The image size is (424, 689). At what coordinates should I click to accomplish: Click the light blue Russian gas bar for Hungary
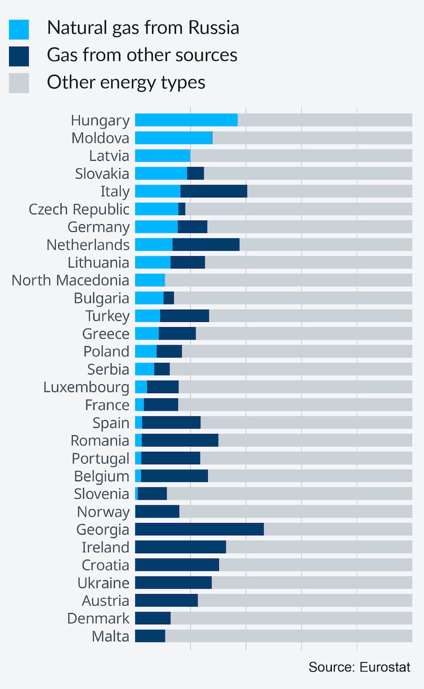point(186,120)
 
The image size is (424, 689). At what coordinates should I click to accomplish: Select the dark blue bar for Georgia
point(199,529)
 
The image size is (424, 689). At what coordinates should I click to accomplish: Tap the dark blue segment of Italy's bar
point(214,191)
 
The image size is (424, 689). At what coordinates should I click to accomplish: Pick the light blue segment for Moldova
point(173,138)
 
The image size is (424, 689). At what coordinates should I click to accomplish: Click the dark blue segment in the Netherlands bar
point(206,245)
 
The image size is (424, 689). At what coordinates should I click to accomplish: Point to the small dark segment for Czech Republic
point(182,209)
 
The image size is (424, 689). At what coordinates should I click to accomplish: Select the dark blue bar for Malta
point(150,636)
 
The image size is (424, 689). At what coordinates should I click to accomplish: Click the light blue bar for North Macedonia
point(150,280)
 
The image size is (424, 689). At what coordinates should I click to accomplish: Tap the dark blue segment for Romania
point(180,440)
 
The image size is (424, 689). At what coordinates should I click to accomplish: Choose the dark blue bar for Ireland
point(180,547)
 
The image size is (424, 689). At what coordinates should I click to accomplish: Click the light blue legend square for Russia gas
point(19,29)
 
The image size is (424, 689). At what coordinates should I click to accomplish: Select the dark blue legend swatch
point(19,56)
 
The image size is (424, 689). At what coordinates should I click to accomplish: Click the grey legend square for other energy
point(19,83)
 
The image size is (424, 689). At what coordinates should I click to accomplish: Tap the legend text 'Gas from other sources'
point(142,55)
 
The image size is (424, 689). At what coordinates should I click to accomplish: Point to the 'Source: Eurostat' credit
point(359,667)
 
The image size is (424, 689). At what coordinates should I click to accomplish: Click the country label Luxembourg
point(86,387)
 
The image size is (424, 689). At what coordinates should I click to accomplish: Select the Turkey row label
point(107,316)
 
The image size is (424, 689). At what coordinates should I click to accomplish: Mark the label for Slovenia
point(101,494)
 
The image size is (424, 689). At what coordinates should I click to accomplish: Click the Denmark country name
point(98,618)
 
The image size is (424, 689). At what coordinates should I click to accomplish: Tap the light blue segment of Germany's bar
point(156,226)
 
